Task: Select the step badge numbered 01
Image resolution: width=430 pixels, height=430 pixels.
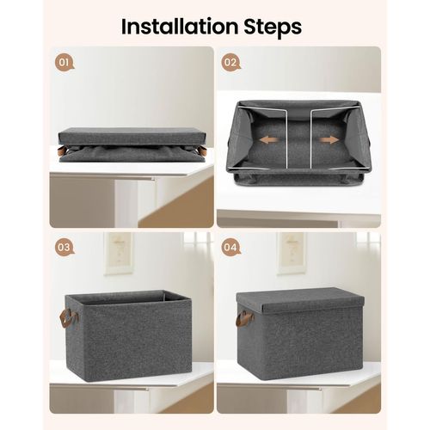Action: coord(63,64)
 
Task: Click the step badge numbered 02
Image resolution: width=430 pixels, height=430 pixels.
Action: coord(230,63)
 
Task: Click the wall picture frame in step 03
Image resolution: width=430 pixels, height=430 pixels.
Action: coord(118,252)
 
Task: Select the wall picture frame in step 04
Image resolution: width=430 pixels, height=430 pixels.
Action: coord(291,252)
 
